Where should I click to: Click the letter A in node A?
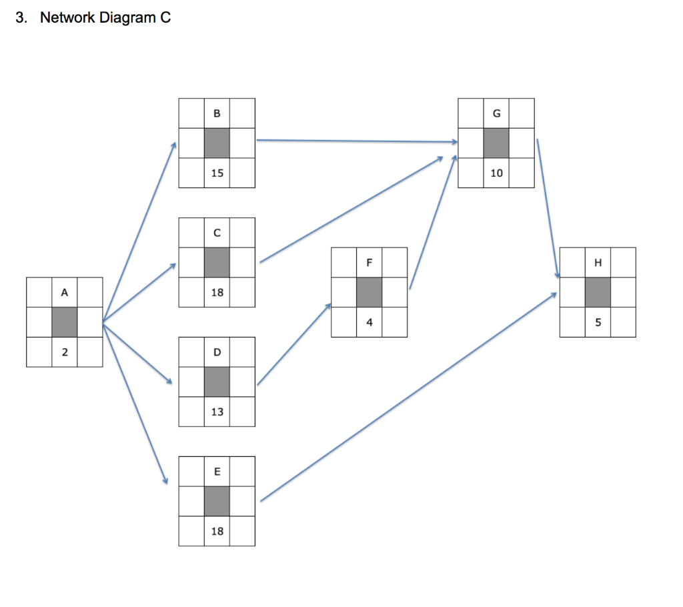(64, 292)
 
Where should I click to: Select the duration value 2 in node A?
(64, 352)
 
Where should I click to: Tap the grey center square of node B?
(217, 143)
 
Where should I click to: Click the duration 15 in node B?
(217, 173)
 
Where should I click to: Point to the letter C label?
(217, 233)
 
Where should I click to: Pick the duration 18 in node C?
(217, 292)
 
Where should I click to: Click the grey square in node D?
(217, 382)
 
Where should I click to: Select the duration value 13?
(217, 412)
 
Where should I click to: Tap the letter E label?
(217, 472)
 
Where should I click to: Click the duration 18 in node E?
(217, 531)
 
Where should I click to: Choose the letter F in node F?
(369, 262)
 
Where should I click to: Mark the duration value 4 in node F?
(369, 322)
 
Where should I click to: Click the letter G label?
(496, 113)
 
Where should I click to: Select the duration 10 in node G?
(496, 173)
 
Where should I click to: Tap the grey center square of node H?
(598, 292)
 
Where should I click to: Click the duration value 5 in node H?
(598, 322)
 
